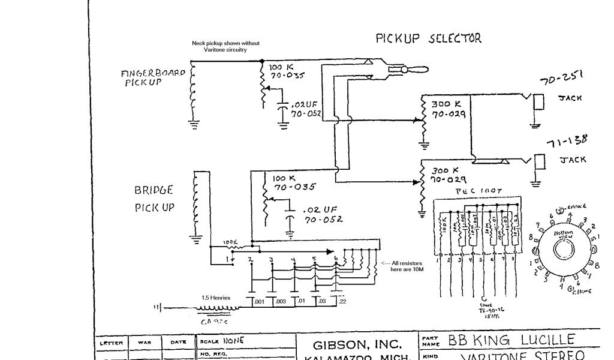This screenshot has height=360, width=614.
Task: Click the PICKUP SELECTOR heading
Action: [428, 38]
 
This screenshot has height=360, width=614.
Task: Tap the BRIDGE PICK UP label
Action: [153, 199]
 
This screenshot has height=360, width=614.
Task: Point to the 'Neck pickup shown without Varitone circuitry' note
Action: [225, 46]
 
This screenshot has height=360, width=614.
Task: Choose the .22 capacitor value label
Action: [342, 301]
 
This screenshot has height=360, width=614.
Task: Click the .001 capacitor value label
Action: [258, 301]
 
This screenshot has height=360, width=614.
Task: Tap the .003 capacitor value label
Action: [280, 301]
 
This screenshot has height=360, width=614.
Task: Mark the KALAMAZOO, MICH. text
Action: [357, 358]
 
